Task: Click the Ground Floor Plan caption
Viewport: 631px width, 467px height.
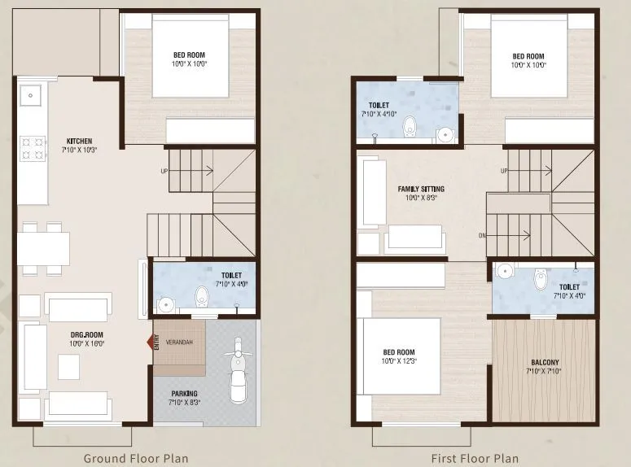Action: [136, 458]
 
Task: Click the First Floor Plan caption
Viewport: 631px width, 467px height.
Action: [474, 458]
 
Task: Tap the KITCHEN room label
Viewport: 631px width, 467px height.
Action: [78, 141]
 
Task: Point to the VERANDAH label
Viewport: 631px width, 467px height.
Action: [179, 342]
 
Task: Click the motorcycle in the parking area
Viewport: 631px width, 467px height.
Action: [236, 370]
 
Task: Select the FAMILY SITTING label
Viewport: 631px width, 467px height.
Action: [421, 189]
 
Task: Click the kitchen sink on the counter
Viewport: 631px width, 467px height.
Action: [31, 95]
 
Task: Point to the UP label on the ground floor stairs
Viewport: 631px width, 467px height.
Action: [164, 171]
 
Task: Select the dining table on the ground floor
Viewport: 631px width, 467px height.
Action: [42, 248]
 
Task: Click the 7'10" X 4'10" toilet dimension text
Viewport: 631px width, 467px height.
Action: [378, 114]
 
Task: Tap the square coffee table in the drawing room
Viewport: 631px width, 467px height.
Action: [68, 368]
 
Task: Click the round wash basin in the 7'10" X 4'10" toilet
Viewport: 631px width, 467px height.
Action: [445, 134]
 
